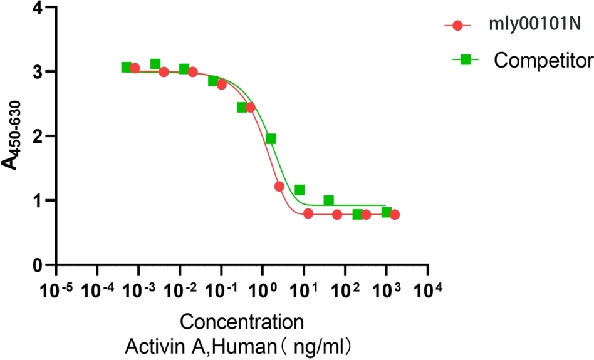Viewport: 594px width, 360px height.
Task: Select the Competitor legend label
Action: [543, 60]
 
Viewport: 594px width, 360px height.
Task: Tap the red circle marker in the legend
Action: [458, 26]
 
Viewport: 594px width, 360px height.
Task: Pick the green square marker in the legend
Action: [466, 59]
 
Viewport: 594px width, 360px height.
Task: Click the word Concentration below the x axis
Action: [241, 323]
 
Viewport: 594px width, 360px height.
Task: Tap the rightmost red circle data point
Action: [395, 215]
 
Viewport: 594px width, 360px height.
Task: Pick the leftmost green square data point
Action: [127, 67]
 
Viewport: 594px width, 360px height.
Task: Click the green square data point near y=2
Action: [271, 139]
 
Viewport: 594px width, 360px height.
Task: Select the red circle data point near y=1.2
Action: [279, 187]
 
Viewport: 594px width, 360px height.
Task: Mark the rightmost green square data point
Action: [387, 212]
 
